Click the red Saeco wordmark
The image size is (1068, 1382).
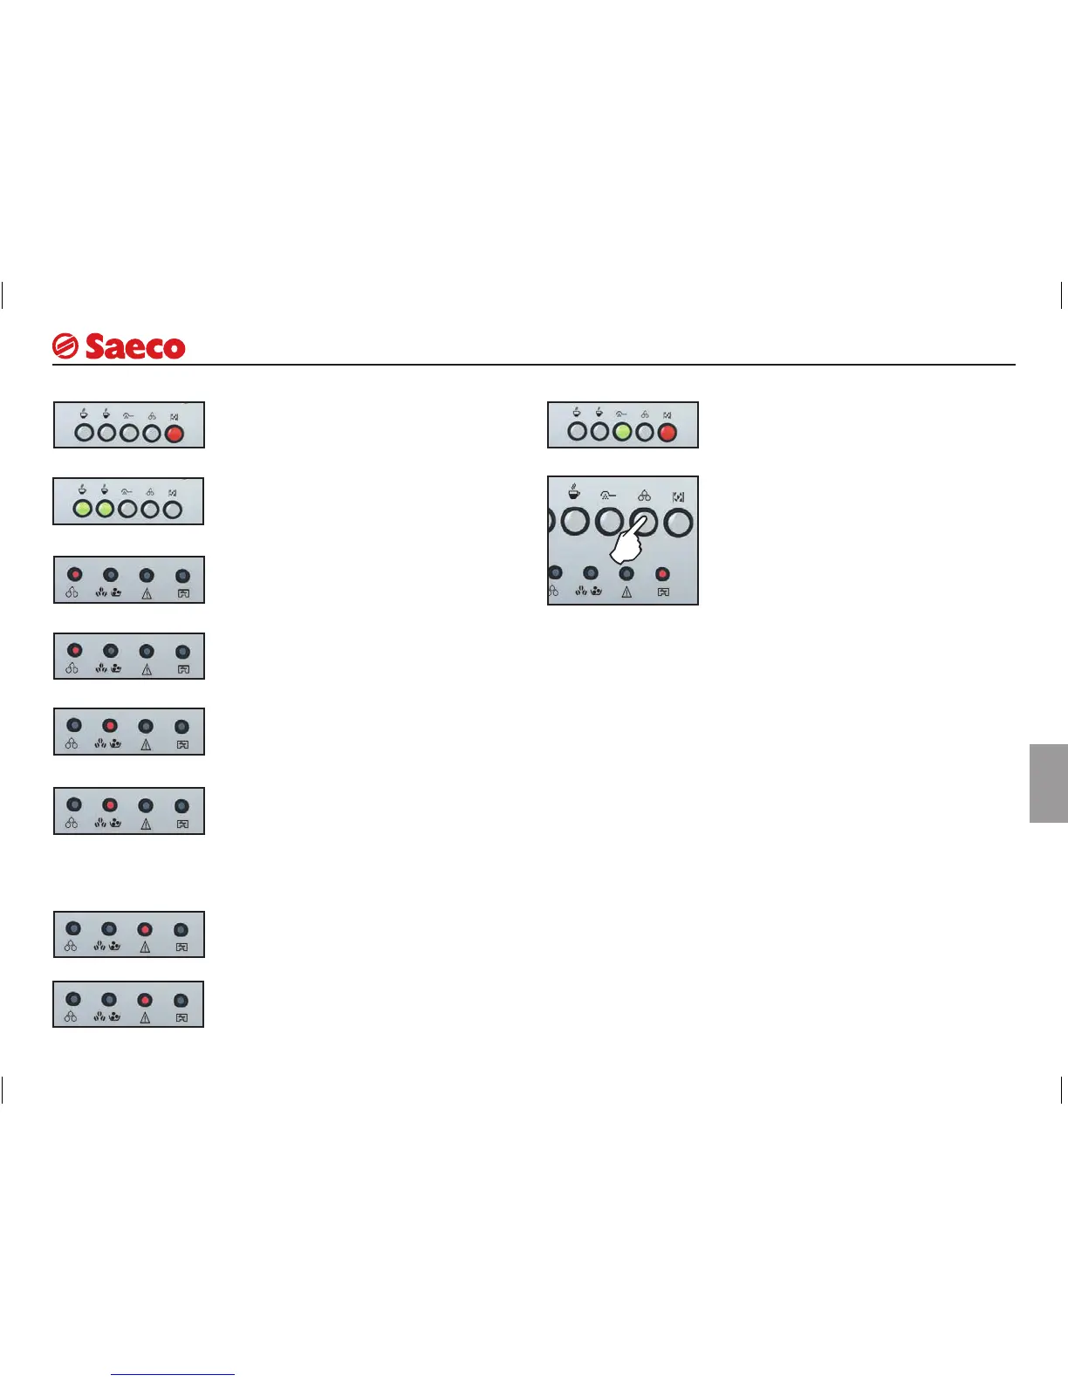[134, 347]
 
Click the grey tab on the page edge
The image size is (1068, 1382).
[1048, 783]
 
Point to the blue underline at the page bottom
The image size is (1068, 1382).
[173, 1375]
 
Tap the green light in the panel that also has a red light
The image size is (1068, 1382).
[621, 431]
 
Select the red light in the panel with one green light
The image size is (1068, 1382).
[667, 431]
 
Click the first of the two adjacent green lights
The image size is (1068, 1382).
[82, 508]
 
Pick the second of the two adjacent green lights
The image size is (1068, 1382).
[105, 508]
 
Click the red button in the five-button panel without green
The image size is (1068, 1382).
[174, 432]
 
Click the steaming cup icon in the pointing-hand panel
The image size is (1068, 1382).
[574, 492]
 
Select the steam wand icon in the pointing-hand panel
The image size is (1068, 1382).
[608, 496]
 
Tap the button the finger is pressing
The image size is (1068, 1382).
[645, 522]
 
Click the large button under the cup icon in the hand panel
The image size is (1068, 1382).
[575, 523]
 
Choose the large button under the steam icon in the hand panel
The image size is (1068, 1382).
[609, 523]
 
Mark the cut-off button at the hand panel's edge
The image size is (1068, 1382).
[551, 522]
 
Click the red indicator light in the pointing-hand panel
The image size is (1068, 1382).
[662, 574]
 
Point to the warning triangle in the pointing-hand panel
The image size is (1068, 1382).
[626, 592]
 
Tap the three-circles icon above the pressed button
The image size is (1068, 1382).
[644, 496]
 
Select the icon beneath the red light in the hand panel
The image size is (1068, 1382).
[663, 592]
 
